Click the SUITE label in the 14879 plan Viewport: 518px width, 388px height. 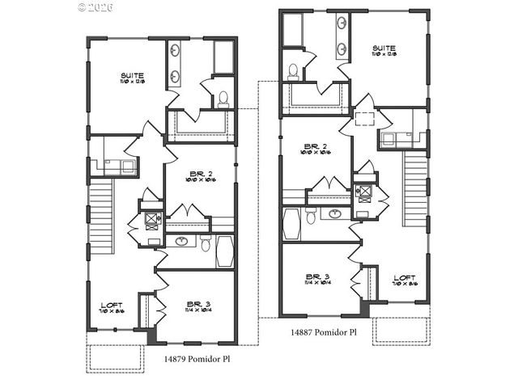132,76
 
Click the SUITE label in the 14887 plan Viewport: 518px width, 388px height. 384,48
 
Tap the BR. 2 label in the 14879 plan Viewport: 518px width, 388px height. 199,174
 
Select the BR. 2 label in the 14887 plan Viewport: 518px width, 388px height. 314,146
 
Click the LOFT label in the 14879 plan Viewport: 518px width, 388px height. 110,305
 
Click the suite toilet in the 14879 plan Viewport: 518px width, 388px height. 223,99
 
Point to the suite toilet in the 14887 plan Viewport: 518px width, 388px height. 292,71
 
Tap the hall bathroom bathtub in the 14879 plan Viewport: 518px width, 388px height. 224,251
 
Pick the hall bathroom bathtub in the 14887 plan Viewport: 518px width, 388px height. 291,224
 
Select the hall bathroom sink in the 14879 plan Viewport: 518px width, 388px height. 181,241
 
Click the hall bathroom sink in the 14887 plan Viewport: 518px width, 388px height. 334,214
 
